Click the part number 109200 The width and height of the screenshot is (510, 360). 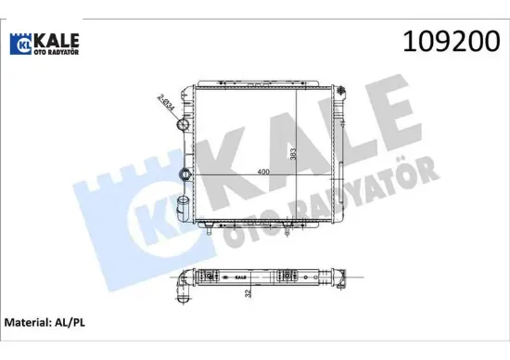click(x=452, y=42)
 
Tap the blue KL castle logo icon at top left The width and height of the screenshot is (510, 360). click(x=20, y=44)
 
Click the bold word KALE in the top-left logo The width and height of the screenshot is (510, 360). click(x=57, y=41)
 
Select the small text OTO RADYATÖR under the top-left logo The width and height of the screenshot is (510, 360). click(x=57, y=52)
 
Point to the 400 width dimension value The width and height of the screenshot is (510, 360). click(x=263, y=172)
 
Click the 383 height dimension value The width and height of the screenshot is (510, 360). click(x=293, y=154)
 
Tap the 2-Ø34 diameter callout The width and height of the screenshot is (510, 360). click(x=166, y=102)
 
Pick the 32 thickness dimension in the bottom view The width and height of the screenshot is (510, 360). click(x=249, y=293)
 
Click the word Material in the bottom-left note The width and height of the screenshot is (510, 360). click(x=26, y=323)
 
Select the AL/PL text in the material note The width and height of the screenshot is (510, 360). click(x=70, y=323)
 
